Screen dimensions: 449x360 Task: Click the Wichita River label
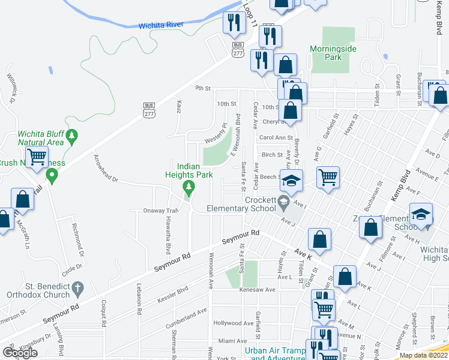[160, 25]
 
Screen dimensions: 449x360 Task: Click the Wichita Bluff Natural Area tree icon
[72, 137]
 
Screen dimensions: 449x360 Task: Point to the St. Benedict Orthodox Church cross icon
[77, 290]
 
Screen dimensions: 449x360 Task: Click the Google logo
[19, 353]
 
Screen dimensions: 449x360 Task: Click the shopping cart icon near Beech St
[328, 177]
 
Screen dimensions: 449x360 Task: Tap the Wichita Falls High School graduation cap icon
[421, 214]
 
